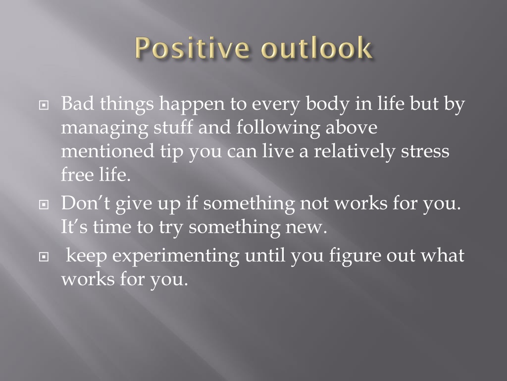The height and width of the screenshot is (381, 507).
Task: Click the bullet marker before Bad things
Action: coord(44,105)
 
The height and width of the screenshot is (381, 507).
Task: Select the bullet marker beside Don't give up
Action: coord(44,204)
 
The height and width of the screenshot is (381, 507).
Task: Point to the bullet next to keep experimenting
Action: coord(44,257)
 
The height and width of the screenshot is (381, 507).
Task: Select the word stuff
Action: coord(173,127)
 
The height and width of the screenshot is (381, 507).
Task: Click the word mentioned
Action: coord(107,151)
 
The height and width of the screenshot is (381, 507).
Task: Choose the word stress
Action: coord(425,151)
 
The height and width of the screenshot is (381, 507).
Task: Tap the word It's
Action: coord(74,226)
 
